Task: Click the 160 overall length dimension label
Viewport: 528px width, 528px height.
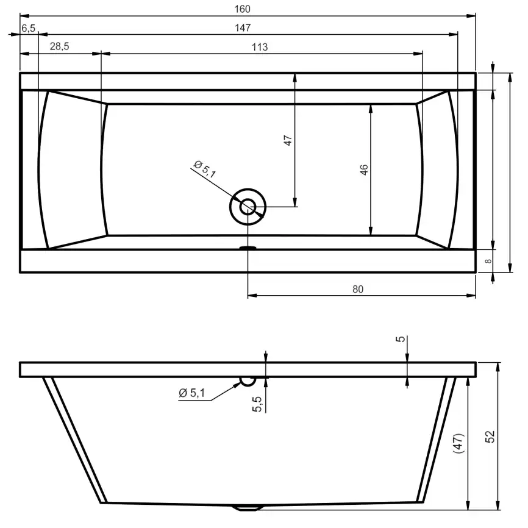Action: [x=243, y=9]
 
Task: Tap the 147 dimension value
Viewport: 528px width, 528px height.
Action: [x=243, y=27]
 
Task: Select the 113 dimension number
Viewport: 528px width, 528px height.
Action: [x=260, y=47]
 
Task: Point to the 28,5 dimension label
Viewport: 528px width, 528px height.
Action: [x=59, y=46]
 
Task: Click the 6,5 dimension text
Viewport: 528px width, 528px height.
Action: [x=28, y=28]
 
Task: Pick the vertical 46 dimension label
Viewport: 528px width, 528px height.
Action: [x=364, y=169]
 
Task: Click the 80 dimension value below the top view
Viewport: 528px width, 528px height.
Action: [x=358, y=289]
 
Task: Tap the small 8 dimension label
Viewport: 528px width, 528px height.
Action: [x=488, y=261]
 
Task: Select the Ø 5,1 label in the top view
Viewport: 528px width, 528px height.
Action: [x=205, y=169]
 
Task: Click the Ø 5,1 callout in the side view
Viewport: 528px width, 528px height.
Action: [x=191, y=393]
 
